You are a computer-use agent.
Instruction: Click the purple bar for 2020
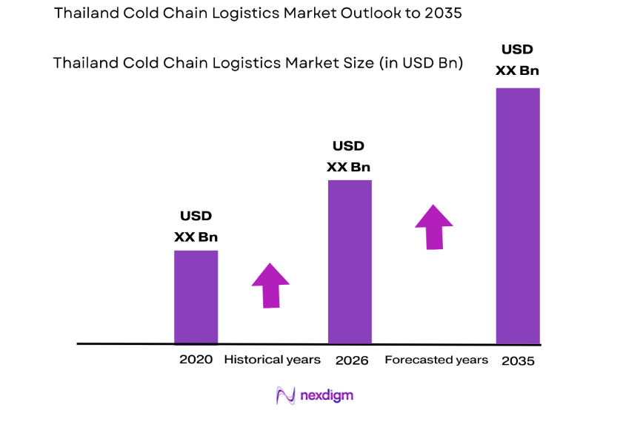point(196,297)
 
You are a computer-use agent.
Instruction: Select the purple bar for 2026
point(350,262)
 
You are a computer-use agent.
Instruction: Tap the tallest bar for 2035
point(517,215)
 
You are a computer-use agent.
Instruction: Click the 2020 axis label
point(196,360)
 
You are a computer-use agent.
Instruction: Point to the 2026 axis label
point(352,360)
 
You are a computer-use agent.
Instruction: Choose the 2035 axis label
point(518,361)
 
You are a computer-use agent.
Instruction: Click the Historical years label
point(272,360)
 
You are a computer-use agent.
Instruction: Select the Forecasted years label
point(436,360)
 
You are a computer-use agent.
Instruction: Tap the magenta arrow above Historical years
point(270,285)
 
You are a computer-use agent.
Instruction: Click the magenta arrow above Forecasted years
point(433,227)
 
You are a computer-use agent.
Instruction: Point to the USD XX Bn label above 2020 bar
point(196,227)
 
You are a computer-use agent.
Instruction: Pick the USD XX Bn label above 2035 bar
point(517,61)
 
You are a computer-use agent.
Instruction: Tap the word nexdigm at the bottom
point(326,395)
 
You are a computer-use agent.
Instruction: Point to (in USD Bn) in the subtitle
point(421,64)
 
